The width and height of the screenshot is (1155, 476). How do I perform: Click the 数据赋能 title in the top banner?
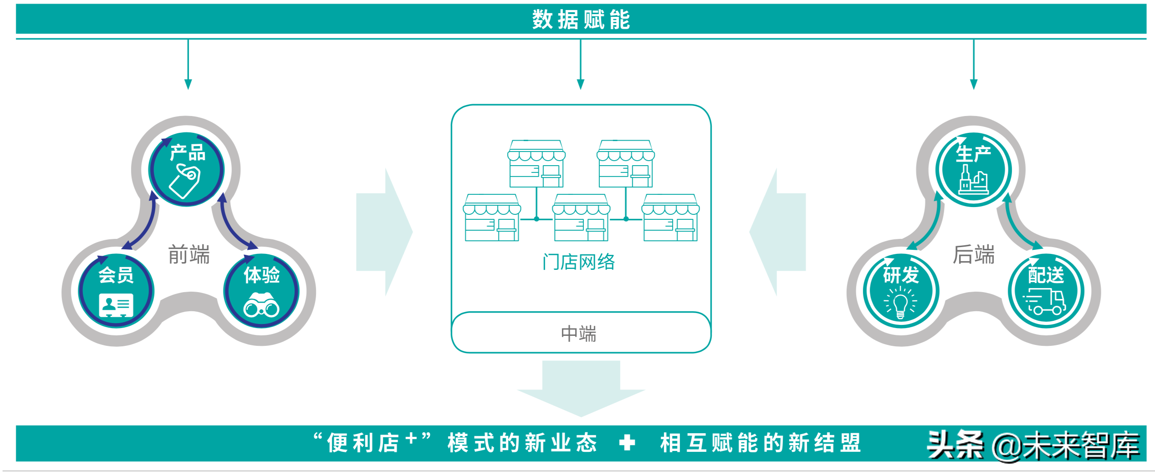tap(581, 20)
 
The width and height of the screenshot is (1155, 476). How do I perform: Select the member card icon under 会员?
tap(116, 305)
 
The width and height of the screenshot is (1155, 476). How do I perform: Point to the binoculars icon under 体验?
tap(261, 305)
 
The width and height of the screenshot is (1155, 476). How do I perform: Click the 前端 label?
tap(189, 254)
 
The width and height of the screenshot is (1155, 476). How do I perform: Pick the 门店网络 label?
tap(578, 262)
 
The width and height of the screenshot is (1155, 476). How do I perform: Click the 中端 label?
tap(578, 334)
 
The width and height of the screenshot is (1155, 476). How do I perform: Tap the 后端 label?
tap(974, 254)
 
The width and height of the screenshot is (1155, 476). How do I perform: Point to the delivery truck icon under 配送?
tap(1045, 302)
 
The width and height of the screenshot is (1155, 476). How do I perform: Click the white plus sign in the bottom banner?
tap(627, 442)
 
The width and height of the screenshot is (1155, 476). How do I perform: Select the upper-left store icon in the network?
tap(537, 164)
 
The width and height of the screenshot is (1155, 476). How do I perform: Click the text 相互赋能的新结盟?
tap(761, 443)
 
